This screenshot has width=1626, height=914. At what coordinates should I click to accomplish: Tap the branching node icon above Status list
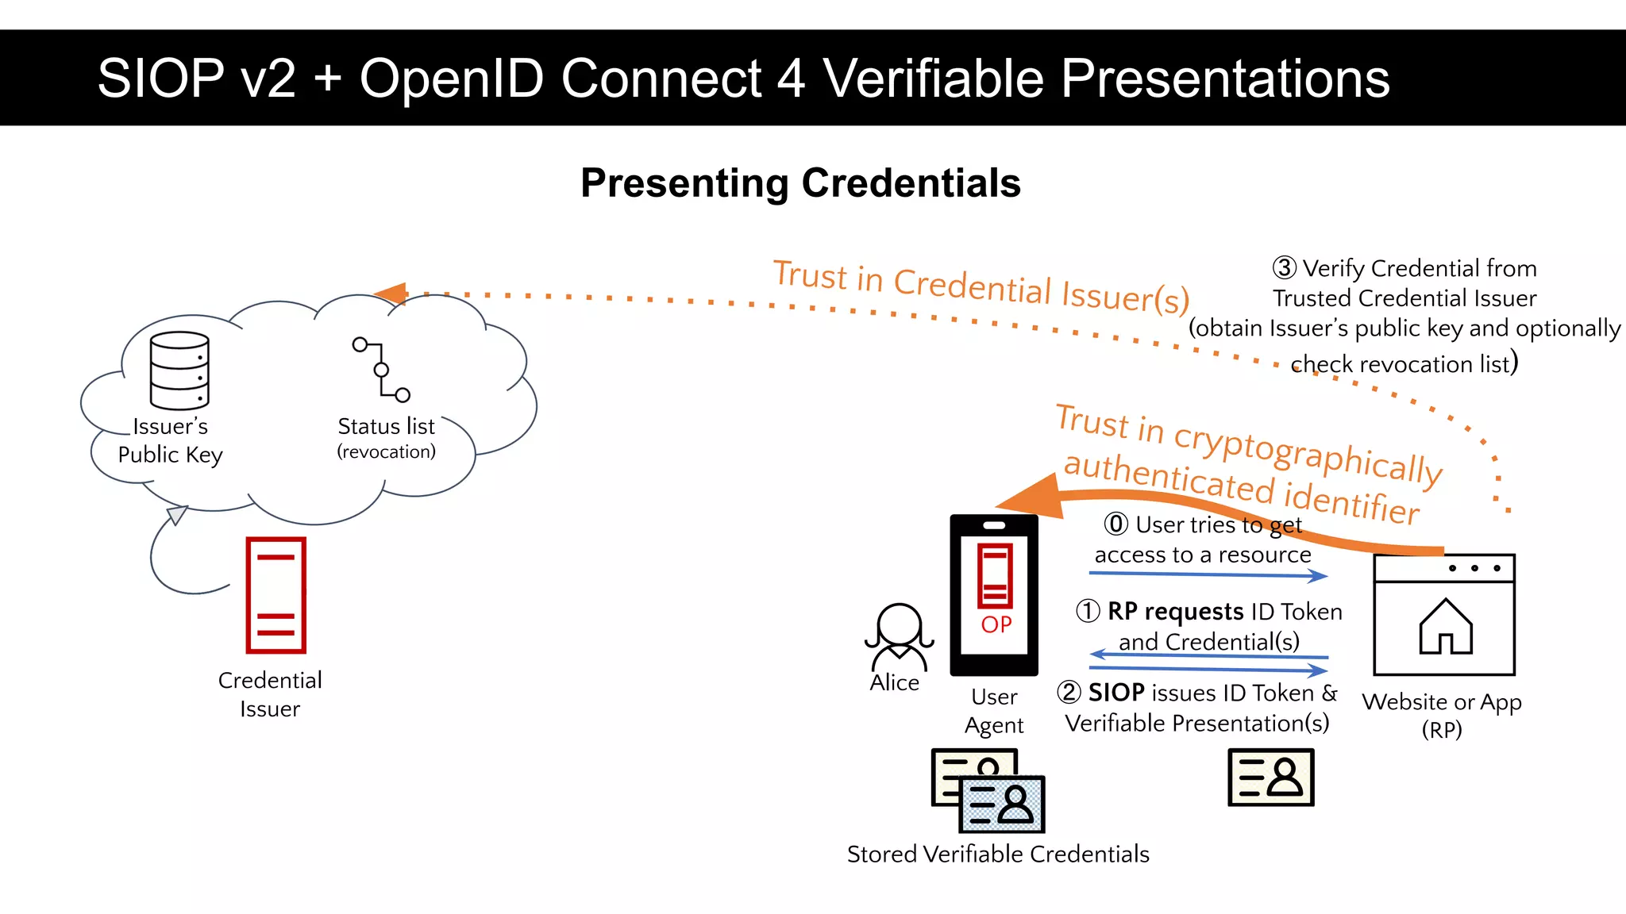pyautogui.click(x=381, y=370)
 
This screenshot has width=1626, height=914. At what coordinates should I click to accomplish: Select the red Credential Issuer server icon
pyautogui.click(x=275, y=595)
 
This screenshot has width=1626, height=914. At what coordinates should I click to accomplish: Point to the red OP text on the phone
pyautogui.click(x=996, y=624)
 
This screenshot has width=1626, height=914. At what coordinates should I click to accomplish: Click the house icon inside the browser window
pyautogui.click(x=1446, y=627)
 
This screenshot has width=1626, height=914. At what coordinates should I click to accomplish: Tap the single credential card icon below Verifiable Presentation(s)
pyautogui.click(x=1270, y=778)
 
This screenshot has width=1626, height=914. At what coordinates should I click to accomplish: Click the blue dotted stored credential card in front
pyautogui.click(x=1002, y=805)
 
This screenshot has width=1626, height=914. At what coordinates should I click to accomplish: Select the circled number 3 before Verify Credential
pyautogui.click(x=1284, y=268)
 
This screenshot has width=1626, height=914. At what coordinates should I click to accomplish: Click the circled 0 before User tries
pyautogui.click(x=1115, y=524)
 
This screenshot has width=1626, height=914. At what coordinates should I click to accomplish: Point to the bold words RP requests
pyautogui.click(x=1175, y=612)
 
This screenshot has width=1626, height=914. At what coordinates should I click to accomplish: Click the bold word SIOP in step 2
pyautogui.click(x=1116, y=693)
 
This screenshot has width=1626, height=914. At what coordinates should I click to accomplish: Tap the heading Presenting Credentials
pyautogui.click(x=800, y=183)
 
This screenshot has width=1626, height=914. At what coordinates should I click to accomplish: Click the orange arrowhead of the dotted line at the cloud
pyautogui.click(x=391, y=294)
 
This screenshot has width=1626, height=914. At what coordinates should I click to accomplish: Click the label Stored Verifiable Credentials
pyautogui.click(x=998, y=854)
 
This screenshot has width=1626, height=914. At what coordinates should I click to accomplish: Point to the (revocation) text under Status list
pyautogui.click(x=387, y=452)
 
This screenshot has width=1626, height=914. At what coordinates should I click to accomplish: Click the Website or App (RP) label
pyautogui.click(x=1442, y=715)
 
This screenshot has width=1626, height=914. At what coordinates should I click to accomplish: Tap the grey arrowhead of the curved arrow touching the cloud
pyautogui.click(x=176, y=515)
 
